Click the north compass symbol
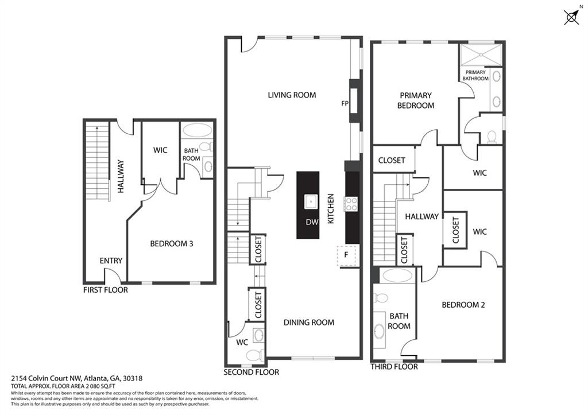pos(571,17)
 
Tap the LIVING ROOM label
pos(292,95)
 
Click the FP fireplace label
pos(345,103)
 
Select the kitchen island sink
pos(311,201)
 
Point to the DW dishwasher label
pos(312,222)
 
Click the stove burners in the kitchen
pos(351,204)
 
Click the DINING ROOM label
pos(308,323)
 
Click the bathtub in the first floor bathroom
pos(198,130)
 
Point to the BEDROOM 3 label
pos(171,244)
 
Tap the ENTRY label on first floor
pos(111,261)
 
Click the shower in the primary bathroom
pos(481,55)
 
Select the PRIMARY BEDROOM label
pos(416,100)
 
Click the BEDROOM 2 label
pos(463,305)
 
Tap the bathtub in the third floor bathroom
pos(397,276)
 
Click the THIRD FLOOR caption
pos(394,367)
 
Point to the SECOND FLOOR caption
pos(252,373)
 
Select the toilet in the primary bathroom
pos(492,137)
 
